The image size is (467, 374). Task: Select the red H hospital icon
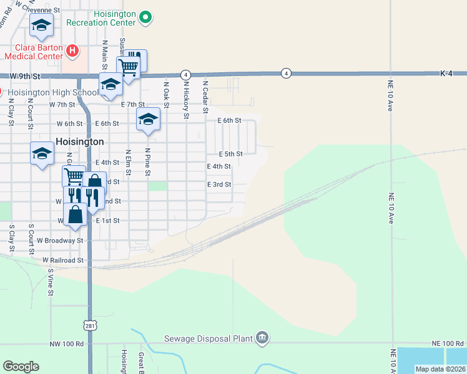pyautogui.click(x=72, y=50)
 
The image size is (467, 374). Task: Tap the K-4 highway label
pyautogui.click(x=446, y=74)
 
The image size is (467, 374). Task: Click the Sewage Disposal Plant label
pyautogui.click(x=207, y=338)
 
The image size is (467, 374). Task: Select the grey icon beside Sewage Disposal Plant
pyautogui.click(x=262, y=338)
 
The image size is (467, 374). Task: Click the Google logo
pyautogui.click(x=21, y=367)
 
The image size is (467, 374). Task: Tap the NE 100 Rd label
pyautogui.click(x=447, y=343)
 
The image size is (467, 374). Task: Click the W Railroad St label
pyautogui.click(x=62, y=259)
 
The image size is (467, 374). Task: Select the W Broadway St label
pyautogui.click(x=60, y=240)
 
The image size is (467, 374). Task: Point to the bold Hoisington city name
pyautogui.click(x=79, y=141)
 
